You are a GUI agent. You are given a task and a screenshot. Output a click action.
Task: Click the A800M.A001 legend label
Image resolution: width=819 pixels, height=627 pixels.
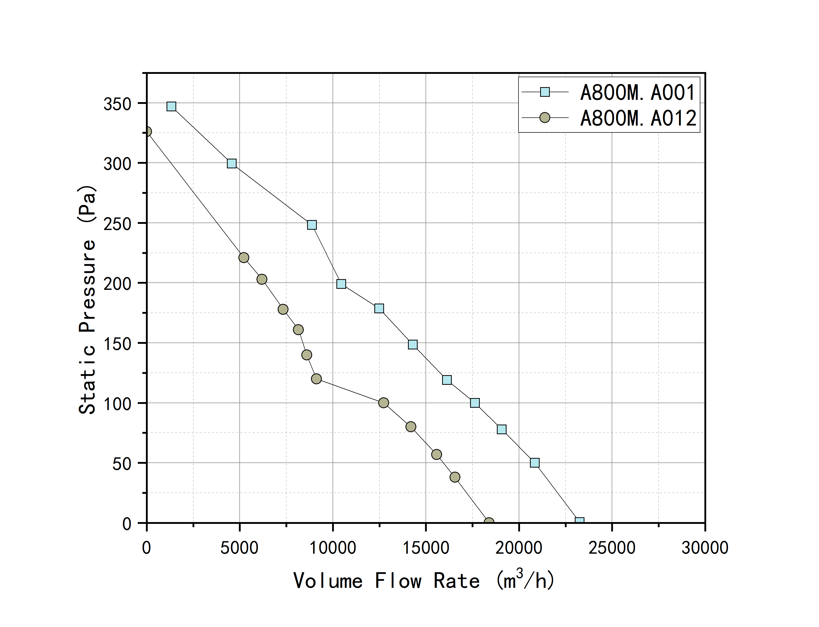tap(637, 92)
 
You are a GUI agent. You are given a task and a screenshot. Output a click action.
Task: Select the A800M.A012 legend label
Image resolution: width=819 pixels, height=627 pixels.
tap(638, 118)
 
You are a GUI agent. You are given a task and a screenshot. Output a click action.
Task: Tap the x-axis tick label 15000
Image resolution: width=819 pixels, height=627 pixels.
tap(426, 548)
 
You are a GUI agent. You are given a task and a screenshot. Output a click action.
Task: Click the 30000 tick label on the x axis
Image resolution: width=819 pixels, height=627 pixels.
tap(704, 548)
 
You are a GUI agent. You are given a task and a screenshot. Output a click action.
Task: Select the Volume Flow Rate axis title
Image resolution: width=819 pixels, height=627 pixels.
tap(424, 581)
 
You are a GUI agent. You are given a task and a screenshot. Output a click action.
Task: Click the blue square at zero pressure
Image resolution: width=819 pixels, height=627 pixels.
tap(579, 521)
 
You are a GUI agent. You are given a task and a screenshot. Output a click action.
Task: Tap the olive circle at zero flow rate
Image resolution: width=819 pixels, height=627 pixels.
tap(147, 132)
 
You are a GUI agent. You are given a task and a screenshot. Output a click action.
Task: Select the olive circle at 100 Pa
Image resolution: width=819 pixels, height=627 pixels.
tap(384, 403)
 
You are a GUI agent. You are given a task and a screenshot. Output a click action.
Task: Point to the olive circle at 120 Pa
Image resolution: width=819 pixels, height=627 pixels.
tap(316, 379)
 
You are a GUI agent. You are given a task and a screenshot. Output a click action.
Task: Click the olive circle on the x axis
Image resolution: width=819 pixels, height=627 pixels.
tap(489, 522)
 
